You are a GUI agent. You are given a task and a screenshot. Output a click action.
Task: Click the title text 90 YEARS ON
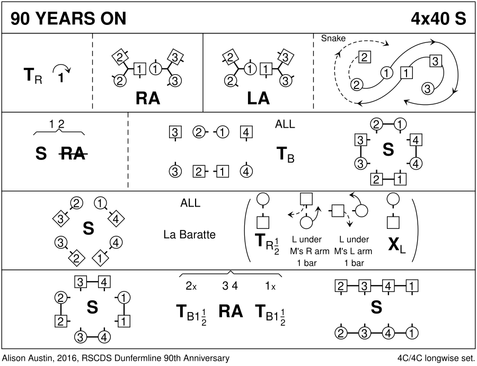pos(68,19)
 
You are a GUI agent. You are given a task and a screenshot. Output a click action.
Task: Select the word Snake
pos(333,38)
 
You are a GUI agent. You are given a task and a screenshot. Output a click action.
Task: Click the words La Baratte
pos(190,234)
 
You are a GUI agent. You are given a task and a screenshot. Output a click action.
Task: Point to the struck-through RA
pos(73,154)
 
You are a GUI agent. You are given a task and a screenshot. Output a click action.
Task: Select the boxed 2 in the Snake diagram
pos(364,57)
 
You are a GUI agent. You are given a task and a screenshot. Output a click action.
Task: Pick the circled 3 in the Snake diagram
pos(427,88)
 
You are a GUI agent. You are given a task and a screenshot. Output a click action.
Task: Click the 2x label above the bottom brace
pos(191,286)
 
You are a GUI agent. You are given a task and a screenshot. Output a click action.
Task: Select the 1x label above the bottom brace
pos(269,286)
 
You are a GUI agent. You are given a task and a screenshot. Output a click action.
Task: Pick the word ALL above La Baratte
pos(190,203)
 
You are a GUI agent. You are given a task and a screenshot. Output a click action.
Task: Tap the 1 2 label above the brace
pos(57,124)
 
